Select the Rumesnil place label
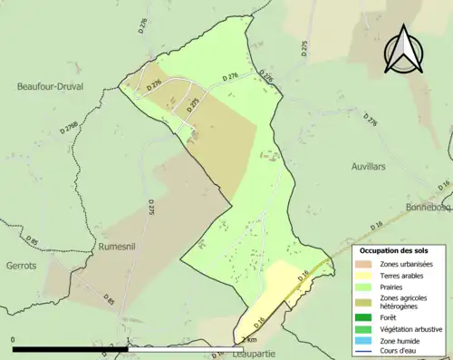(118, 245)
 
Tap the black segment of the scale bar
(70, 348)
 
